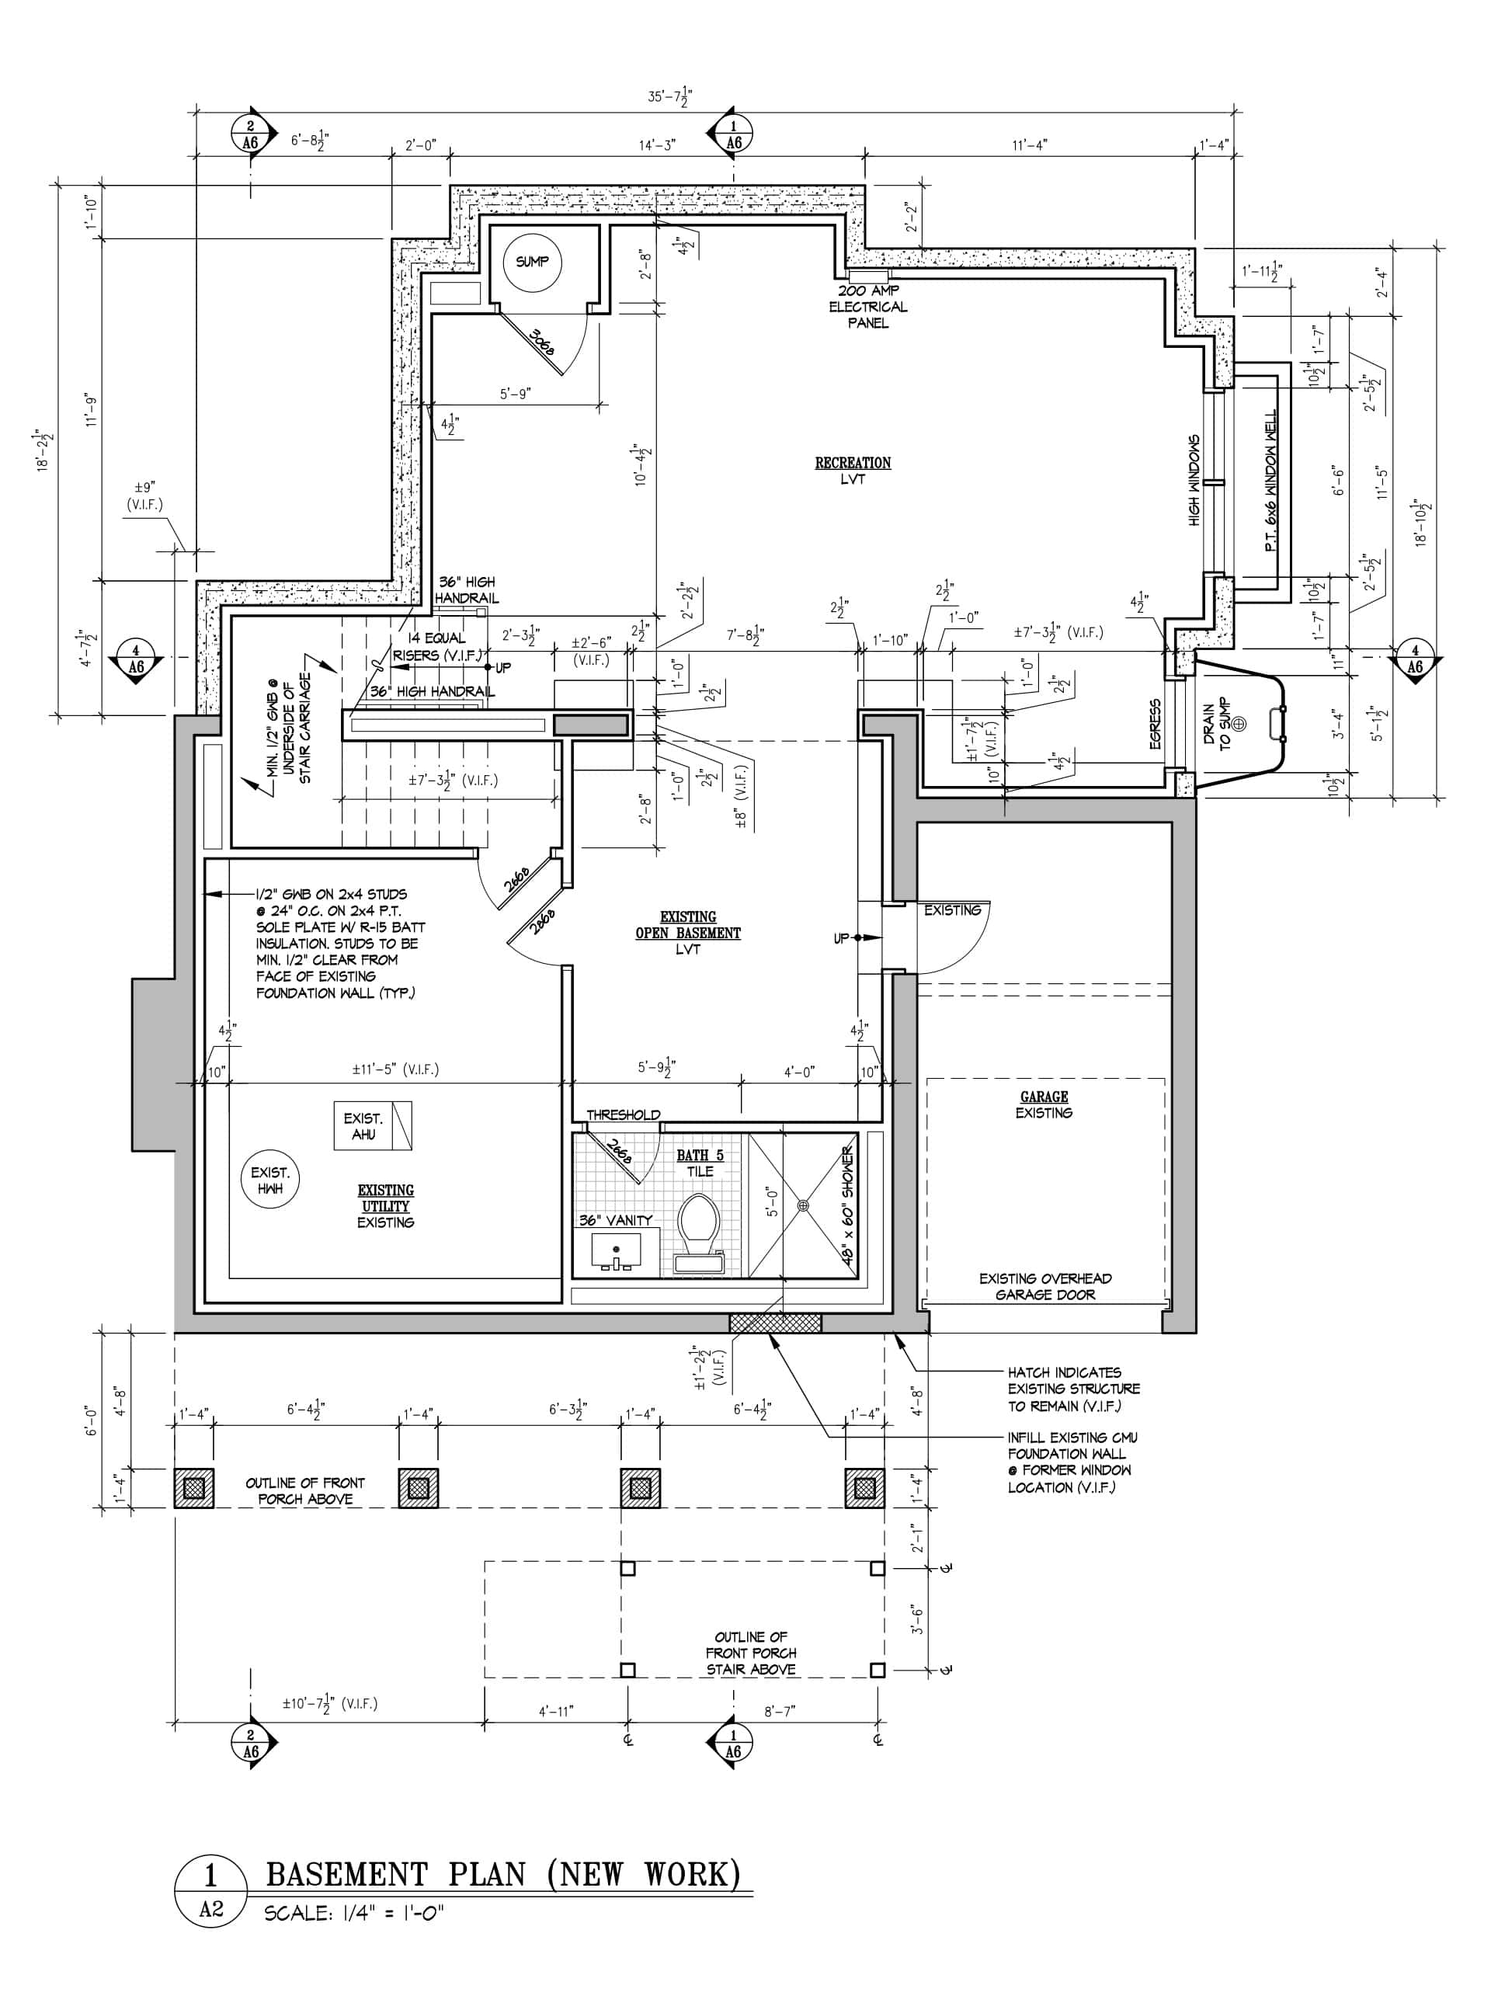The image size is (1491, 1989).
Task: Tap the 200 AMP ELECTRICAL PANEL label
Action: (867, 307)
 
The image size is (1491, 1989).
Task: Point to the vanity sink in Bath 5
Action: (616, 1252)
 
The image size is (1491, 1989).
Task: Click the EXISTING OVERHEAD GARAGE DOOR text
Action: (1045, 1287)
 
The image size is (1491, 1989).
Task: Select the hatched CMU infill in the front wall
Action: (775, 1322)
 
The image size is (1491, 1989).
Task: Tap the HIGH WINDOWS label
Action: (1194, 481)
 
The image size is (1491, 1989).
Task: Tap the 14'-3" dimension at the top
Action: (658, 144)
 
